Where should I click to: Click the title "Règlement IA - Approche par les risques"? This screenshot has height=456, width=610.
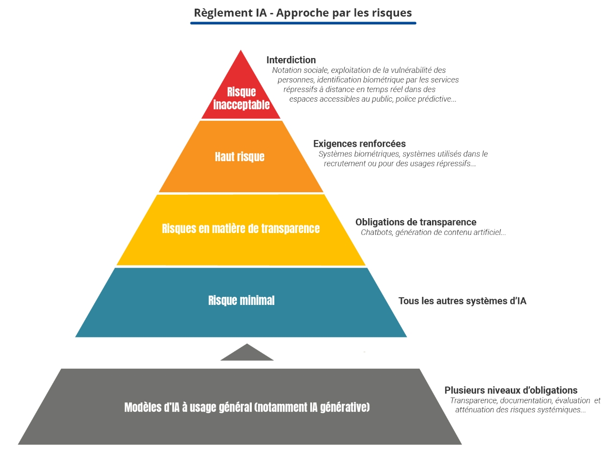click(x=303, y=12)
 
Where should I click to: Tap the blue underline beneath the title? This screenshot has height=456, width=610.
click(x=303, y=23)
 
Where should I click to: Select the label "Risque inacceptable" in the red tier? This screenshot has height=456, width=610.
click(x=241, y=98)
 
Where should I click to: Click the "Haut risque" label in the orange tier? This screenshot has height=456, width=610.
click(x=240, y=157)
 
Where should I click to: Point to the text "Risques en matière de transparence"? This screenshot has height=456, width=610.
click(x=241, y=228)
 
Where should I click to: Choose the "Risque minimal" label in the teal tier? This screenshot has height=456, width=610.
click(x=241, y=301)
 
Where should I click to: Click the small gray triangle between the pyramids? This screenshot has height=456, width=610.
click(x=247, y=353)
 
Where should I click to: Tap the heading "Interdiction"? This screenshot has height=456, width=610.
click(x=291, y=60)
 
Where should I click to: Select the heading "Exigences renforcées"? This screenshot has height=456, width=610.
click(x=359, y=143)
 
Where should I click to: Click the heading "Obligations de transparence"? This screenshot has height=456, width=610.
click(x=416, y=222)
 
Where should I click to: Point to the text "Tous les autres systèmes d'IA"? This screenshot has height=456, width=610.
click(x=462, y=301)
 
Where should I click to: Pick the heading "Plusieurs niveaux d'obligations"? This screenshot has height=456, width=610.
click(x=511, y=390)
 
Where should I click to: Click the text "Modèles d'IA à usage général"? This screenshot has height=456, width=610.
click(x=188, y=408)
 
